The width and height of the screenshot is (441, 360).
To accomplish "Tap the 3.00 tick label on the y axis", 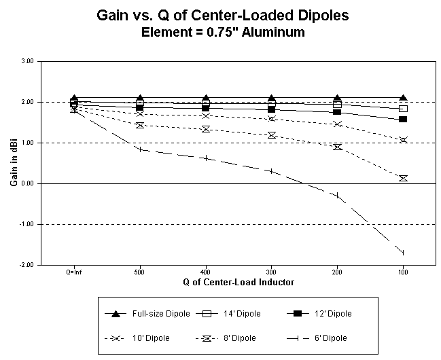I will pos(29,61).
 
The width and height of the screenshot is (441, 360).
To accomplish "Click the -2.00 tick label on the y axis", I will pos(27,265).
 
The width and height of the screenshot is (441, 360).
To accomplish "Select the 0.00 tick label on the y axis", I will pos(29,183).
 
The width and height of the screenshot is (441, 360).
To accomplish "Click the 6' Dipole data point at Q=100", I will pos(403,253).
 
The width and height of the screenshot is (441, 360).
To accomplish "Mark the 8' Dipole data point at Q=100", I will pos(403,178).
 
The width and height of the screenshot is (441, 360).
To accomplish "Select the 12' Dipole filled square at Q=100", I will pos(403,120).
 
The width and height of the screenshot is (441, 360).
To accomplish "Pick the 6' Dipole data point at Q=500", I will pos(140,149).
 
